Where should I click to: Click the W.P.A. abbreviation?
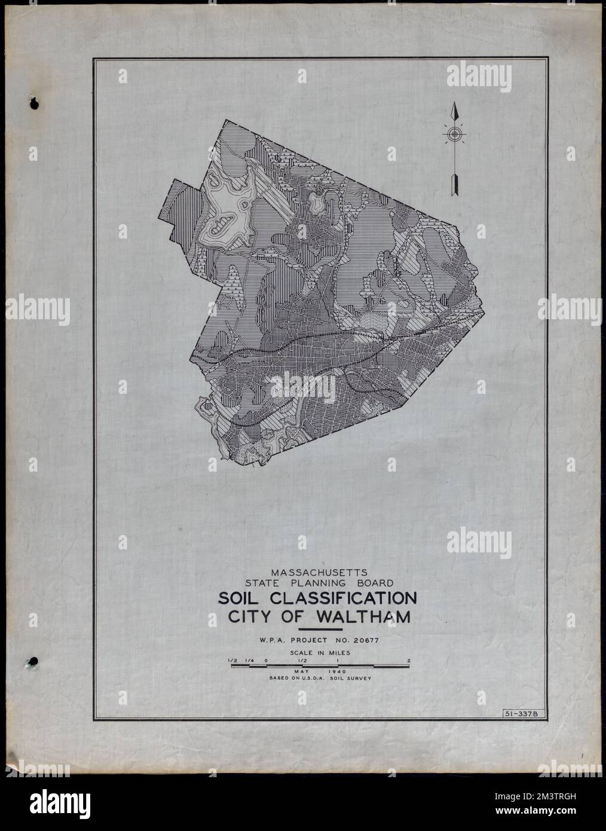click(272, 641)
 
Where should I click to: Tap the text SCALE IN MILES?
click(320, 653)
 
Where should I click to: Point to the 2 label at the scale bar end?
click(408, 660)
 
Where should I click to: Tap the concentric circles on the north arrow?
click(454, 135)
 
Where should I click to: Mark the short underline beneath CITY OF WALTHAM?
click(320, 629)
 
